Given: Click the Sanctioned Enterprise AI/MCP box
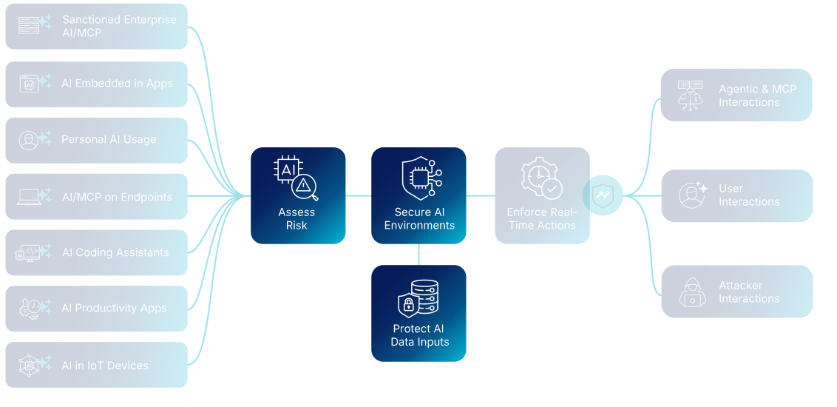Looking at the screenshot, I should [96, 26].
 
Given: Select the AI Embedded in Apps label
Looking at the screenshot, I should [117, 84].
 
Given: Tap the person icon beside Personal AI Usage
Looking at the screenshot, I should [29, 141].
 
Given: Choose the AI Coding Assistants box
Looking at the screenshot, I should [96, 253].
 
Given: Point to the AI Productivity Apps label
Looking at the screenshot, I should [114, 309].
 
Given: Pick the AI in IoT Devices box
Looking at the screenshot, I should [96, 365].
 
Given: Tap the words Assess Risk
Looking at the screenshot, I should [296, 219].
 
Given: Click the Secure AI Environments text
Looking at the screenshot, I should [419, 219].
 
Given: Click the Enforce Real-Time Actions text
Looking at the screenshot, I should [542, 219].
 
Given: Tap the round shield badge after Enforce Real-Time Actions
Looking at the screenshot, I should [603, 196].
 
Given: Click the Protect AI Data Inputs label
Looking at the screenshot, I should [419, 335].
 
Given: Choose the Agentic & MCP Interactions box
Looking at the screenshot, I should [736, 95].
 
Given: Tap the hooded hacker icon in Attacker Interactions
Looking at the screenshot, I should [693, 292].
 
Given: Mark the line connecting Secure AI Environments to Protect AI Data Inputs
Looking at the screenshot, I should [419, 255].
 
